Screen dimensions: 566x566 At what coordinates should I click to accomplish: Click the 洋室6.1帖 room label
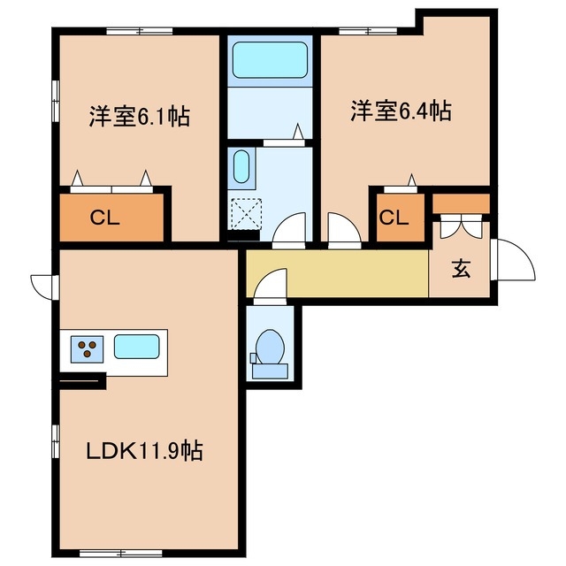(x=139, y=116)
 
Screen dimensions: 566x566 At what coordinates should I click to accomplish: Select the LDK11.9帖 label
(x=144, y=452)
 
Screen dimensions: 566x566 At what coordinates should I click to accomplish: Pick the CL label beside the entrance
(x=394, y=218)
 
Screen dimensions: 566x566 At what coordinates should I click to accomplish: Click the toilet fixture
(x=269, y=347)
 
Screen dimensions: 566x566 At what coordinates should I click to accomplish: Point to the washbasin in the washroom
(x=241, y=165)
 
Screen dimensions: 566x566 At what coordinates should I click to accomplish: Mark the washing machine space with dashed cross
(x=242, y=213)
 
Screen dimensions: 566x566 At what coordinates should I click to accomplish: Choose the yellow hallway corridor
(x=345, y=273)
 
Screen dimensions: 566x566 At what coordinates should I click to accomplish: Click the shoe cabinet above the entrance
(x=461, y=204)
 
